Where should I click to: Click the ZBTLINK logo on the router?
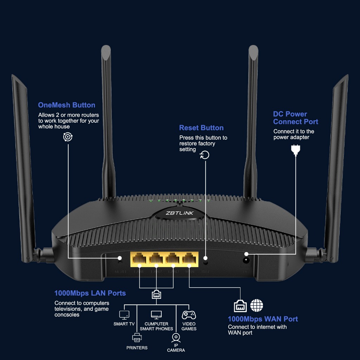click(x=180, y=213)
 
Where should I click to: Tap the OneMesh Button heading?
click(x=66, y=105)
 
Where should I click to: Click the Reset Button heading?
click(x=201, y=128)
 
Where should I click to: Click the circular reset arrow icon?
click(x=204, y=155)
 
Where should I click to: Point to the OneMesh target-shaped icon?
click(x=67, y=137)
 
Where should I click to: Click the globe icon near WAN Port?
click(x=257, y=306)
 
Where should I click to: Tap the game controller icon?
click(x=189, y=315)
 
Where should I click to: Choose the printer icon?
click(x=137, y=338)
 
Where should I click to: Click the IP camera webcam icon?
click(x=176, y=338)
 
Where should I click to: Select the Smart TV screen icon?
click(x=124, y=315)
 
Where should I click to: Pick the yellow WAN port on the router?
click(x=189, y=260)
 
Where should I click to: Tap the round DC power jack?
click(x=246, y=261)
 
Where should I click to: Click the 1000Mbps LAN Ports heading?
click(x=90, y=293)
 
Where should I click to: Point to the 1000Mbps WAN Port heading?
click(x=263, y=319)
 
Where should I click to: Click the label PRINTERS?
click(x=137, y=348)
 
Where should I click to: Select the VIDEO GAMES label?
click(x=189, y=326)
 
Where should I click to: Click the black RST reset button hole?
click(x=206, y=262)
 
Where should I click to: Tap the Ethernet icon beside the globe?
click(x=240, y=306)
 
